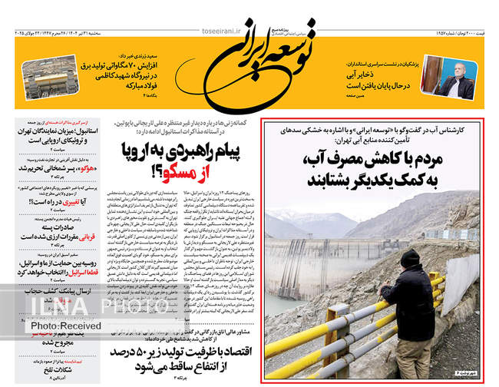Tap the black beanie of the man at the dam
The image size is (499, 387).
coord(410,259)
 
